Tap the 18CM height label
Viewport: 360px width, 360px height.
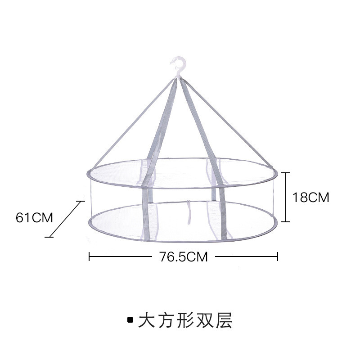(x=311, y=197)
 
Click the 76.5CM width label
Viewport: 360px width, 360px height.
(x=183, y=256)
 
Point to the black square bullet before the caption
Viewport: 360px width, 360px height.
(x=130, y=320)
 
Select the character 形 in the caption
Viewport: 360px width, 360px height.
(x=185, y=320)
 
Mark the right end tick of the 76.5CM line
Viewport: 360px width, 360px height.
(x=278, y=256)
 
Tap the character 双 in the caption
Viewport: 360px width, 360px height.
(x=205, y=320)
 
